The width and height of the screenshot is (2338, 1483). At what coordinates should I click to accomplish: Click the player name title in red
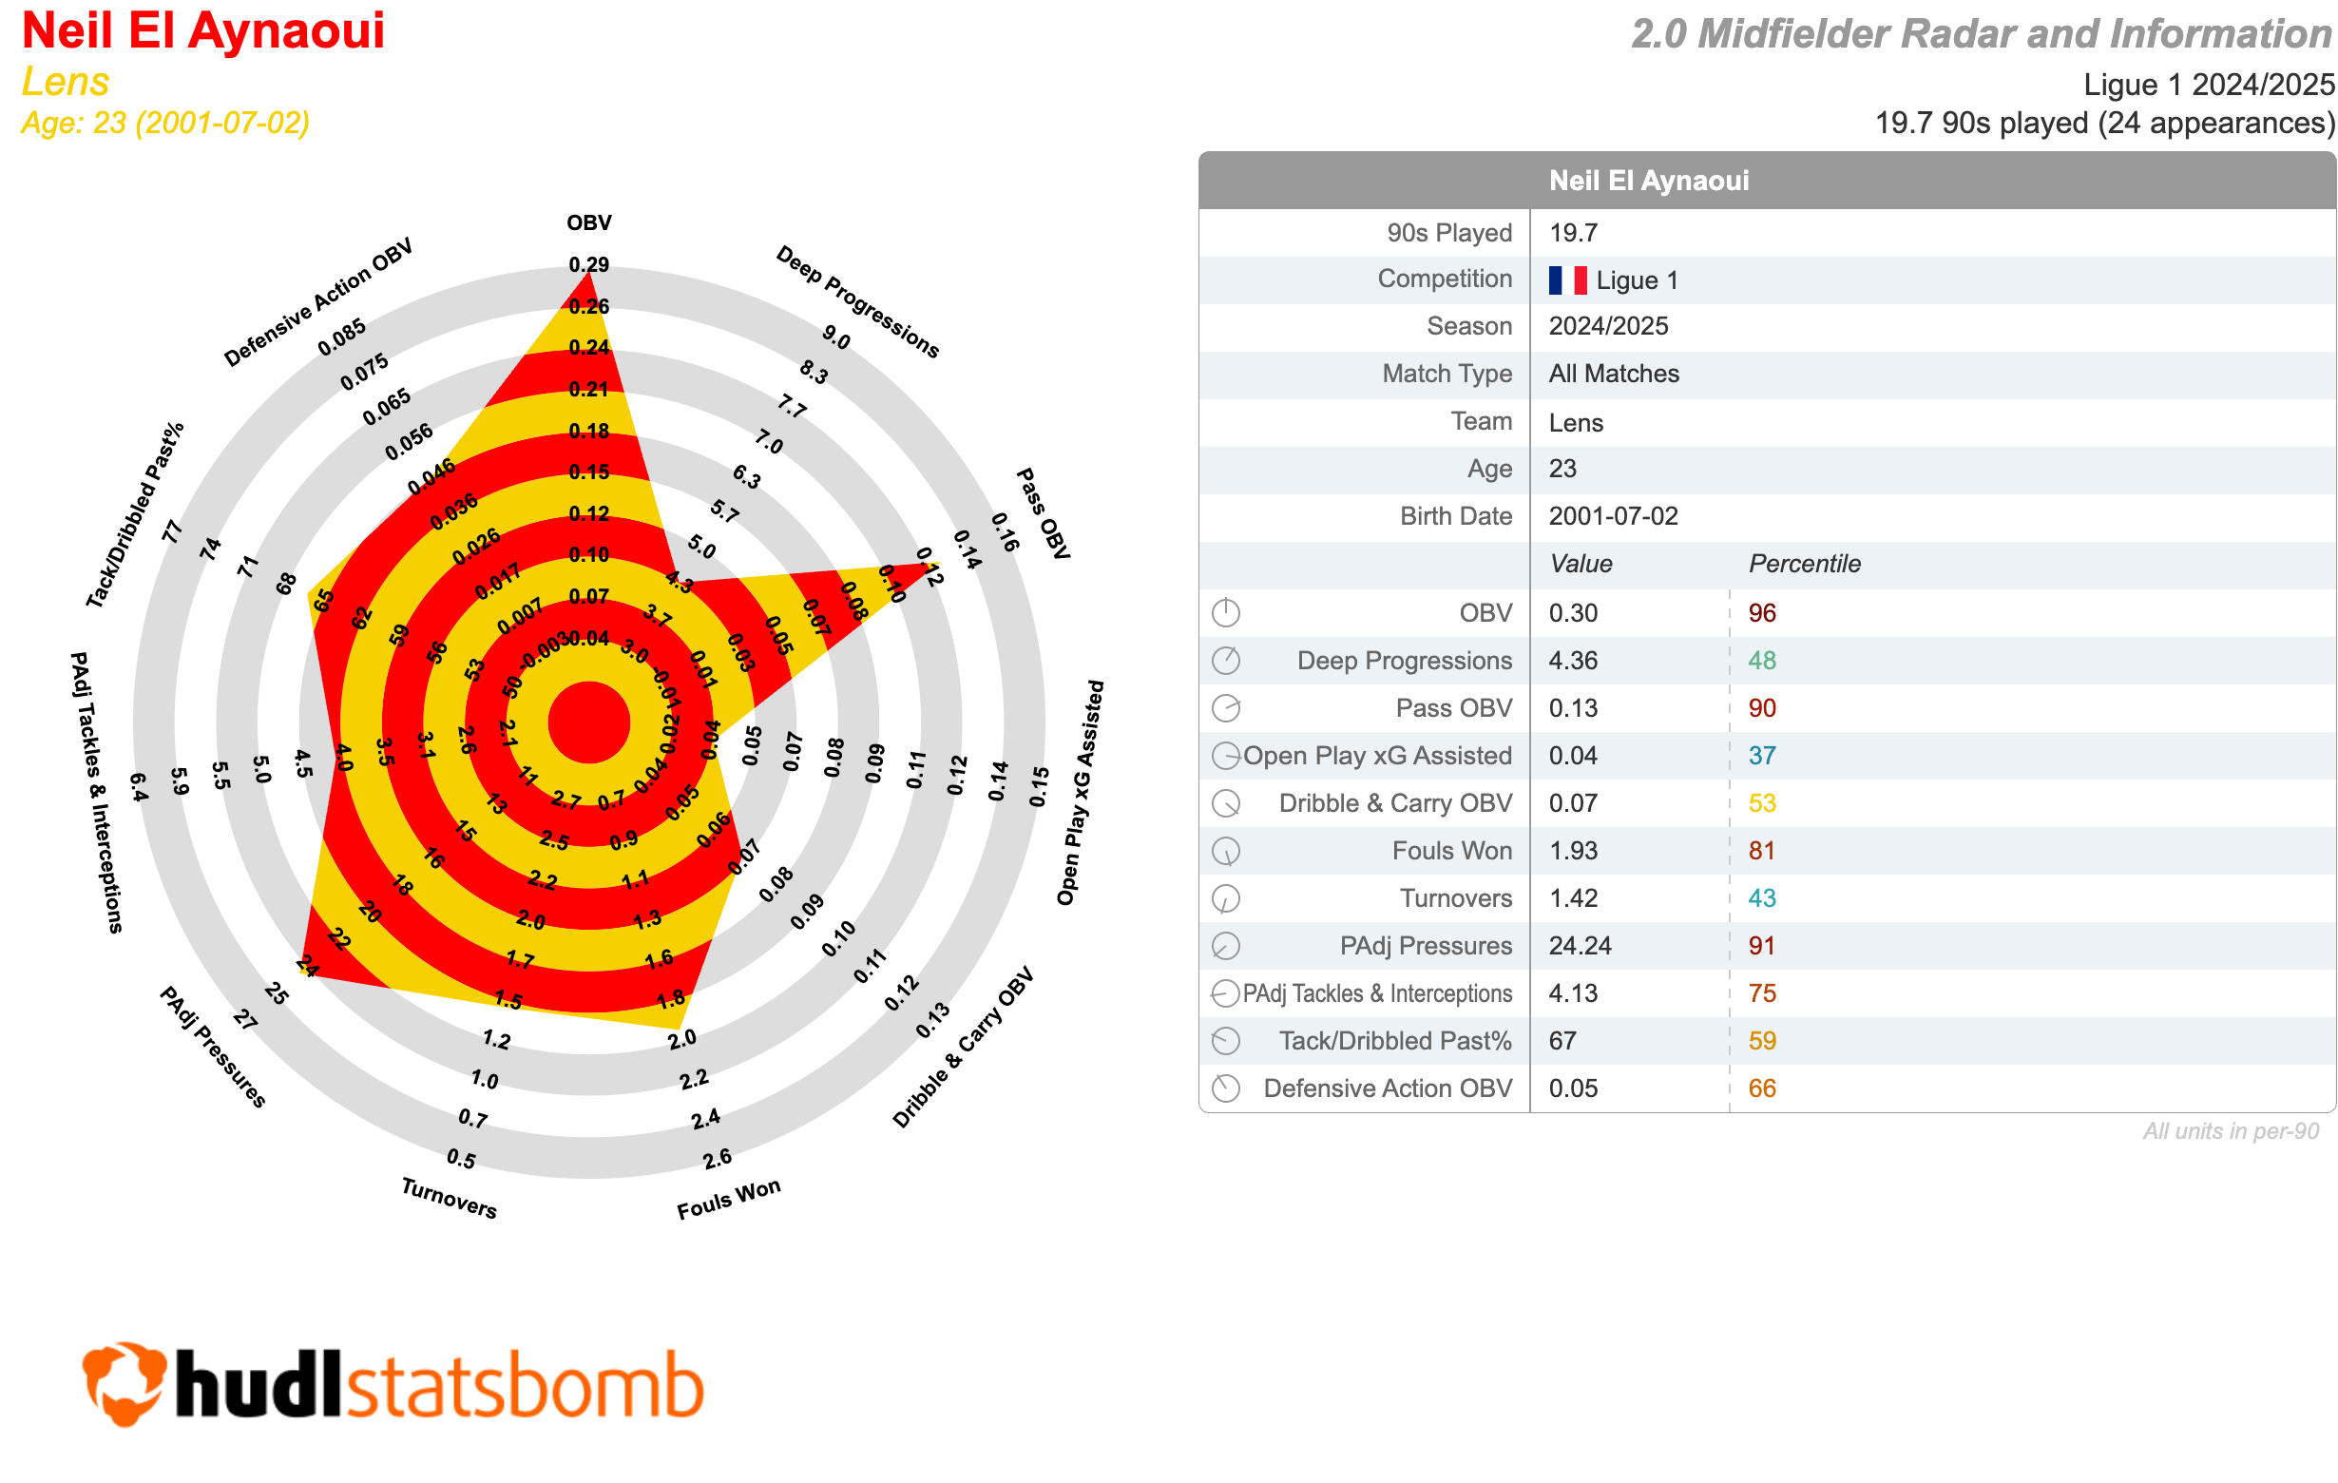[203, 31]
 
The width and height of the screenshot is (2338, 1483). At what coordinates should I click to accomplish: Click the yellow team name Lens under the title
[65, 82]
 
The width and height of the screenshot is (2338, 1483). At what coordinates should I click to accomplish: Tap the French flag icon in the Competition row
[1567, 280]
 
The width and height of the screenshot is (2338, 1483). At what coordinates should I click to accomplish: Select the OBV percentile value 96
[1761, 613]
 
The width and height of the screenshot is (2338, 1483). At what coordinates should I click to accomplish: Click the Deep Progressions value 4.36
[1572, 661]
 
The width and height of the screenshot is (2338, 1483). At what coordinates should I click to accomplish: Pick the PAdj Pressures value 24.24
[1579, 946]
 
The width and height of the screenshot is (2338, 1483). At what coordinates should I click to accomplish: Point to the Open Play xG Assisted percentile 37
[1761, 756]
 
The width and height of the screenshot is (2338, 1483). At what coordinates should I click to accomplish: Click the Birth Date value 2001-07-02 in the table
[1613, 515]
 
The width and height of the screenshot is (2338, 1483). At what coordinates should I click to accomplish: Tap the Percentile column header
[1804, 565]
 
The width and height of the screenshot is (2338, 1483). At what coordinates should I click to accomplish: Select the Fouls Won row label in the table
[1451, 851]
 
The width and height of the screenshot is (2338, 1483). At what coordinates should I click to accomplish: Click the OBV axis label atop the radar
[589, 222]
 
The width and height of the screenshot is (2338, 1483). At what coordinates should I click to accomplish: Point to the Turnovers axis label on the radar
[449, 1198]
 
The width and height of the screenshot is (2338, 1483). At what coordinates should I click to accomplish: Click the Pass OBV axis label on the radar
[1043, 512]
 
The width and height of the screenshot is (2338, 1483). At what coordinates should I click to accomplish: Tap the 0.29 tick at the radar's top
[589, 264]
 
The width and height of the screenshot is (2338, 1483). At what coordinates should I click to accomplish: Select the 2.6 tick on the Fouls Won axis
[718, 1159]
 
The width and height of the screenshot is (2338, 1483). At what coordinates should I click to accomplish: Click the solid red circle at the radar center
[589, 722]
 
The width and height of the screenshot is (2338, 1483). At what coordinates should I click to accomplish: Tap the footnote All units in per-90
[2231, 1131]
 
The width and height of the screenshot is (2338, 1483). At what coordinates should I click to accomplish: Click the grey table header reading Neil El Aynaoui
[1649, 181]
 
